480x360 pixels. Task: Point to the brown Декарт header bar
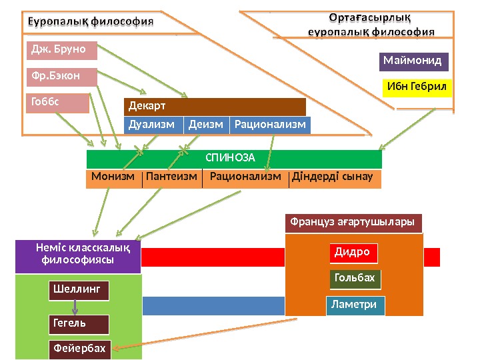(x=215, y=107)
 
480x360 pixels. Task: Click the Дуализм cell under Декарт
(x=153, y=125)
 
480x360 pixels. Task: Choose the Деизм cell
(x=206, y=125)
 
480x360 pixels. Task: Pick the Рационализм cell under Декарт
(x=270, y=125)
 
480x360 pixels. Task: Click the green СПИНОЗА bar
(x=233, y=159)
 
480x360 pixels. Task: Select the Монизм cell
(x=113, y=178)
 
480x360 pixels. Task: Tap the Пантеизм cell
(x=171, y=178)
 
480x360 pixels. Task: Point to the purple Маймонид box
(x=413, y=61)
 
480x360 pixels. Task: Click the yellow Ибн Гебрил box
(x=417, y=88)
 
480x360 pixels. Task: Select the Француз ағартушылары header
(x=353, y=222)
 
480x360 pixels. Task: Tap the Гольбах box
(x=355, y=279)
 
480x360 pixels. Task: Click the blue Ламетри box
(x=355, y=305)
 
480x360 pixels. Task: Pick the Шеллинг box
(x=78, y=291)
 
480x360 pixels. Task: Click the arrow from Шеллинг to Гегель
(x=75, y=307)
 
